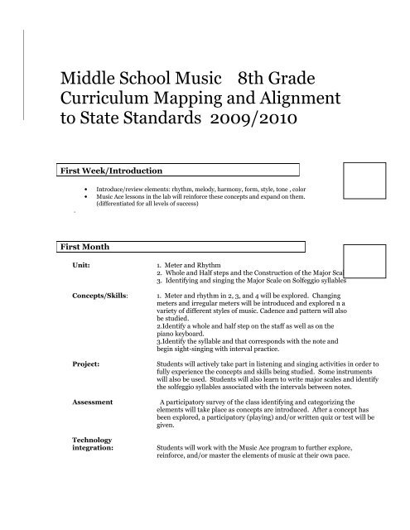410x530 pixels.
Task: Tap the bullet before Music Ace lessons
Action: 88,197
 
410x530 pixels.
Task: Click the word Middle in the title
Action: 94,80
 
